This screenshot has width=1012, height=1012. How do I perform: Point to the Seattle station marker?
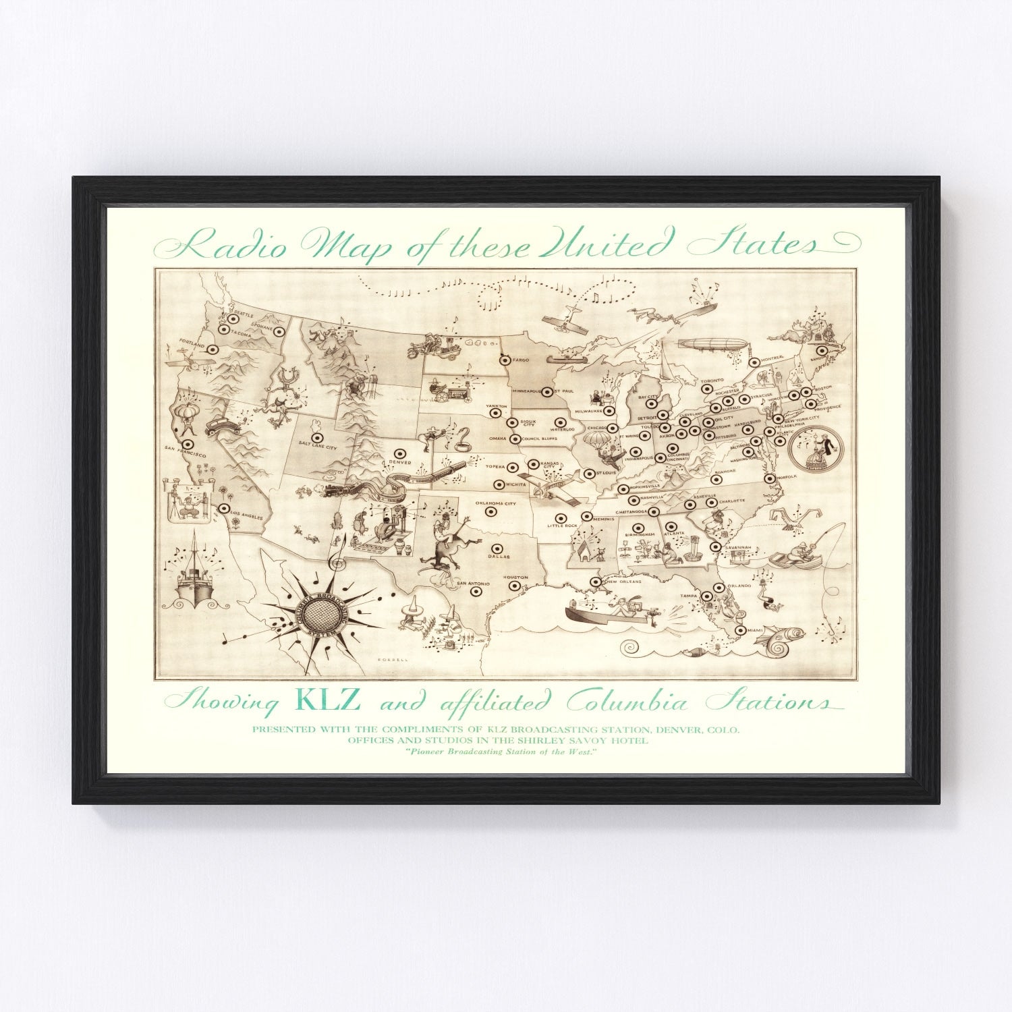(x=233, y=317)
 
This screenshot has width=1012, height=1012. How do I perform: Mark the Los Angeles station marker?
(x=223, y=508)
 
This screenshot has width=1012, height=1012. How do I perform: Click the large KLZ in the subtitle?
(x=329, y=700)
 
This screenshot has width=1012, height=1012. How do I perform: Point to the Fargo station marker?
(x=503, y=360)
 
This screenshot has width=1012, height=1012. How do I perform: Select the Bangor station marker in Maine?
(x=821, y=351)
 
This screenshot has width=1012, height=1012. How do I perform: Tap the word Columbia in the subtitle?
(x=627, y=703)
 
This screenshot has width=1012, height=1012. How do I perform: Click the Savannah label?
(x=739, y=547)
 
